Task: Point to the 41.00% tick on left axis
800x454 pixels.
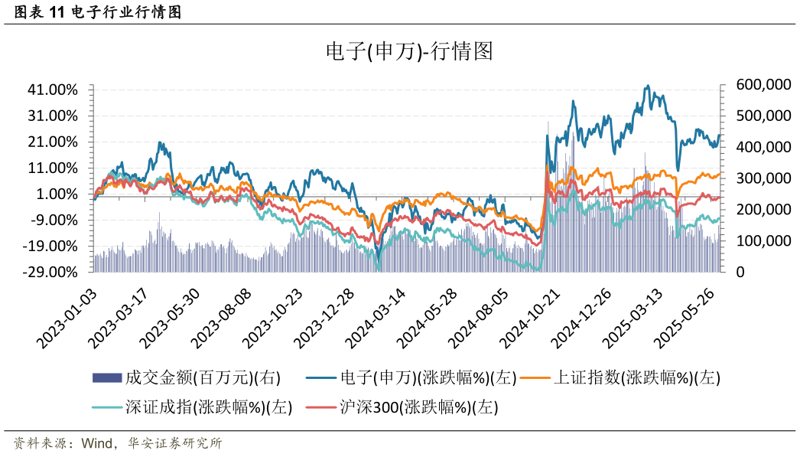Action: coord(53,90)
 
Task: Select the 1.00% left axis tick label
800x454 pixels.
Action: coord(56,194)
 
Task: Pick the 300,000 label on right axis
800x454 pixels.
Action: coord(763,178)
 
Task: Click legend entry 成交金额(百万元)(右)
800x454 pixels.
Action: coord(187,377)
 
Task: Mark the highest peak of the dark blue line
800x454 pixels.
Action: coord(649,86)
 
